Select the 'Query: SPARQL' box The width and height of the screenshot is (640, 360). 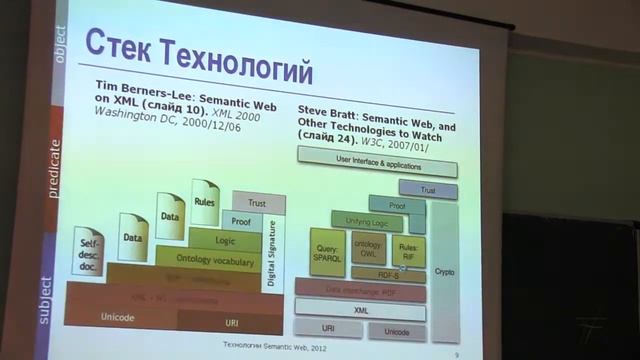pos(327,250)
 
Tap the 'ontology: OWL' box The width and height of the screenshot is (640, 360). pos(368,249)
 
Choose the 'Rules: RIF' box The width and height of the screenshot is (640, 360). pos(408,250)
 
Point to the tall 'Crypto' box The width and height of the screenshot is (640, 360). pos(444,270)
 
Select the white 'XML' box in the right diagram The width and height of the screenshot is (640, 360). pos(360,310)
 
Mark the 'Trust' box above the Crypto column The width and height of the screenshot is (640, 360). pos(427,189)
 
